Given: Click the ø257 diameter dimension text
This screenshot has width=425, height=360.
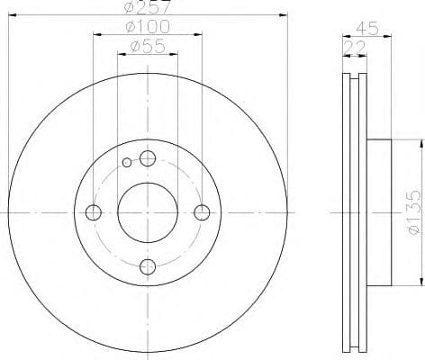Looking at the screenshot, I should tap(148, 6).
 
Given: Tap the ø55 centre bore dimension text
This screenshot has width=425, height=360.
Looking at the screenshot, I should tap(148, 47).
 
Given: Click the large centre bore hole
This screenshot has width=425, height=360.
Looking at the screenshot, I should tap(148, 211).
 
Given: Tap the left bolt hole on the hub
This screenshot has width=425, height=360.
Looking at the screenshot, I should tap(94, 212).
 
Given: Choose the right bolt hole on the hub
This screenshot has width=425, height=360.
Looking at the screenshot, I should tap(202, 212).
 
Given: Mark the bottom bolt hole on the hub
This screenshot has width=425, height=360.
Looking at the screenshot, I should tap(148, 266).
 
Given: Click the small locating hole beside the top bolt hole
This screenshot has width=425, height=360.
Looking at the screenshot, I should tap(128, 163).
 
